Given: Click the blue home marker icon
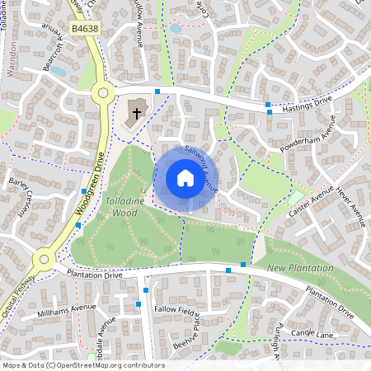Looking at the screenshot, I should (185, 178).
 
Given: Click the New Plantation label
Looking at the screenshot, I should (301, 269).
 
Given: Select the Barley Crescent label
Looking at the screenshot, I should (18, 194).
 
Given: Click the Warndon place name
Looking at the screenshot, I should (12, 61).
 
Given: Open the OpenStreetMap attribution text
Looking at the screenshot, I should (83, 364).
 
